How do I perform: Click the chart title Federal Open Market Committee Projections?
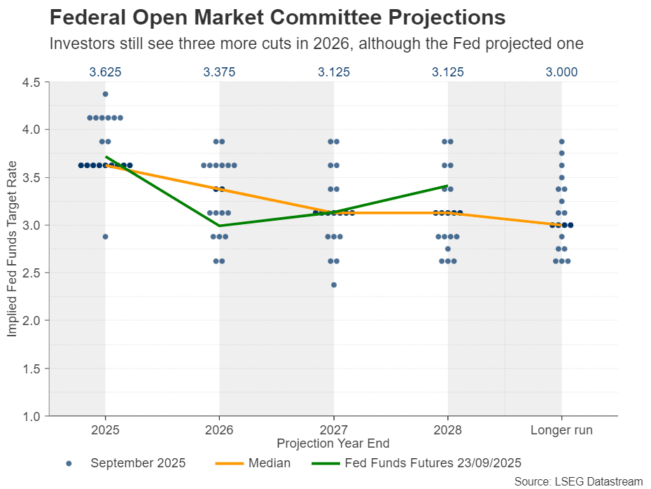click(276, 17)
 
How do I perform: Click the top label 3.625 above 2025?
click(105, 71)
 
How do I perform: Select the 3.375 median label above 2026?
click(219, 71)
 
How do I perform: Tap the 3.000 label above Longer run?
click(561, 71)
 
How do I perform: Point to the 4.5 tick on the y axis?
click(30, 82)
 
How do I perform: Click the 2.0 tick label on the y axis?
click(30, 320)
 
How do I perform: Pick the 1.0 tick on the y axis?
click(30, 416)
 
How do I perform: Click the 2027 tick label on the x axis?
click(333, 430)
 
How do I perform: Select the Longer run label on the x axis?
click(561, 430)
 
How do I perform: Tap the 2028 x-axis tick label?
click(447, 430)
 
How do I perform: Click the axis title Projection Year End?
click(333, 443)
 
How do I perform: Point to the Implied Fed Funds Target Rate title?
click(12, 249)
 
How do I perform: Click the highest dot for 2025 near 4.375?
click(105, 94)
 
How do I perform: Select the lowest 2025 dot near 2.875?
click(105, 237)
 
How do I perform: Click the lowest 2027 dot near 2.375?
click(333, 284)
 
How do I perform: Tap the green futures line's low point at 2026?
click(219, 226)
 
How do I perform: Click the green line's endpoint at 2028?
click(447, 186)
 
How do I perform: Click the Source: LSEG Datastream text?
click(578, 481)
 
